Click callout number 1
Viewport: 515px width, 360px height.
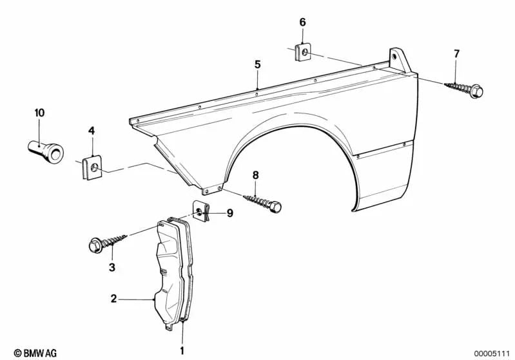pos(182,350)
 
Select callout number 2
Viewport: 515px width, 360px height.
pos(113,299)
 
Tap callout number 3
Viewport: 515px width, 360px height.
pos(112,267)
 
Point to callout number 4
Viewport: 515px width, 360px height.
pos(92,131)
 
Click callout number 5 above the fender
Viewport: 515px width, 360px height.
pos(257,64)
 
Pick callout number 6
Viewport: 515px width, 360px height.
pos(303,23)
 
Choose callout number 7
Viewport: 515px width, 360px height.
pos(457,54)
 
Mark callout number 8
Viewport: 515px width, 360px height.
pos(255,175)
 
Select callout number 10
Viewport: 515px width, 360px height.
pos(39,113)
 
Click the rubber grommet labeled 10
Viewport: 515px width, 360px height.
pos(47,148)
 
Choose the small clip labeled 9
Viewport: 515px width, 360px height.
pos(202,211)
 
